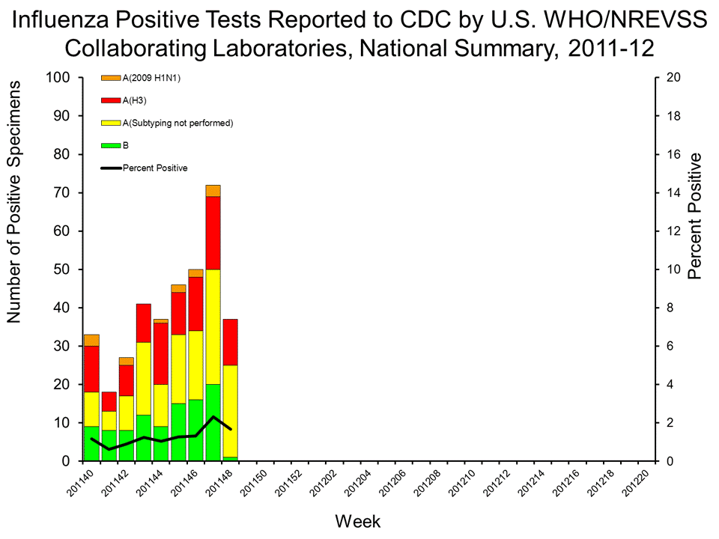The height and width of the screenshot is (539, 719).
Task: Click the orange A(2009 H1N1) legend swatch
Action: coord(111,78)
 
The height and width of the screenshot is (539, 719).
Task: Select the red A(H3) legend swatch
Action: coord(111,100)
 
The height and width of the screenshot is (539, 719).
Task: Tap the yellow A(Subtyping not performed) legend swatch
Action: coord(111,123)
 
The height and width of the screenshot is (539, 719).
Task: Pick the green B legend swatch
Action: coord(111,145)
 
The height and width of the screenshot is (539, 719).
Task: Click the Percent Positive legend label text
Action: coord(155,168)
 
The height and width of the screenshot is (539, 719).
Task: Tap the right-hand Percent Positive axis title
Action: coord(695,216)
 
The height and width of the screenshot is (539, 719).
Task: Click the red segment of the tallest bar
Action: coord(213,233)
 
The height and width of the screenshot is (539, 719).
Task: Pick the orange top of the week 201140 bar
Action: coord(91,340)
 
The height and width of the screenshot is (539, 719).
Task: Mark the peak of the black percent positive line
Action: coord(213,417)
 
